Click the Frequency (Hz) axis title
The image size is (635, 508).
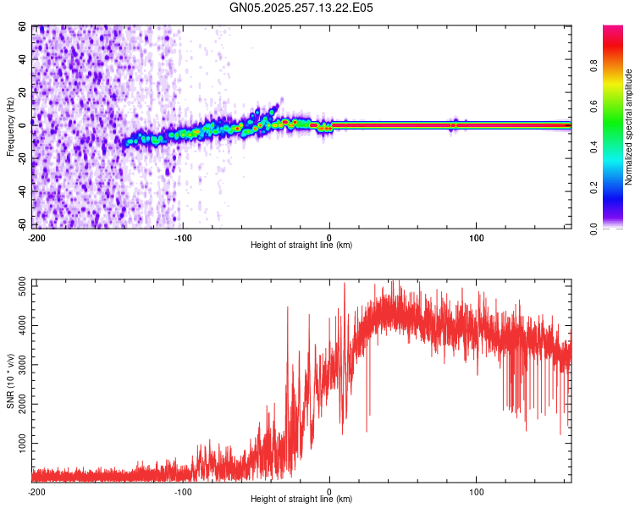(x=10, y=126)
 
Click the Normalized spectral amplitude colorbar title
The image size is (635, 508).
(x=629, y=126)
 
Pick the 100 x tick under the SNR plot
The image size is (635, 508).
(x=477, y=490)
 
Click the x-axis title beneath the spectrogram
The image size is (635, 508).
(x=301, y=245)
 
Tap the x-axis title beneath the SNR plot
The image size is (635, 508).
(x=301, y=500)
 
